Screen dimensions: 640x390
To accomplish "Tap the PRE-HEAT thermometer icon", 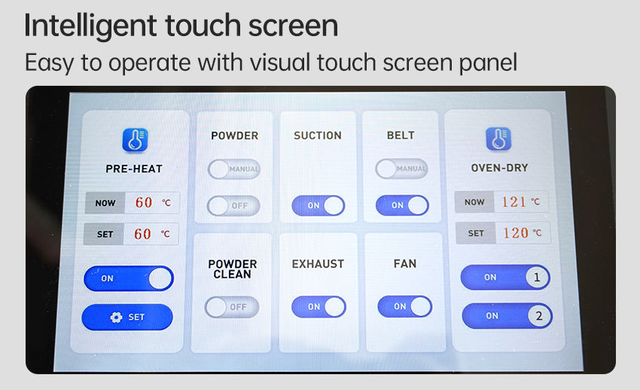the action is point(135,140).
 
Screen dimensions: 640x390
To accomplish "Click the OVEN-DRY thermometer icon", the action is point(498,139).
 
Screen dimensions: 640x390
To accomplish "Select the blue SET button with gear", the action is point(127,317).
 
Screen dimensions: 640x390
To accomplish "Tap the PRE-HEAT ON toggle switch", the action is point(129,279).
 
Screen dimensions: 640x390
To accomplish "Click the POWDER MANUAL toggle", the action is point(234,169).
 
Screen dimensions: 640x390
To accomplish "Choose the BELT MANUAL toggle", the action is point(401,169).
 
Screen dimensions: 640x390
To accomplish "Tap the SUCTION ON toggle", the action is point(318,206).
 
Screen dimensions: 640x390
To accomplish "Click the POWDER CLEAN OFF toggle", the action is point(232,306).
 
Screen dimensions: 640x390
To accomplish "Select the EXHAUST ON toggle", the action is point(318,306).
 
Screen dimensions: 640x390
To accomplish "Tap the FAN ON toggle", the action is point(405,306).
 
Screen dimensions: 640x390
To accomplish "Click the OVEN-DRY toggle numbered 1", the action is point(505,277).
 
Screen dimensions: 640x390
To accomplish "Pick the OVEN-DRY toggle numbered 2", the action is point(507,315).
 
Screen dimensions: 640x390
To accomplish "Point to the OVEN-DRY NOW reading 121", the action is point(514,202).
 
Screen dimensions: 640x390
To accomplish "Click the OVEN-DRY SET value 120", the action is point(516,233).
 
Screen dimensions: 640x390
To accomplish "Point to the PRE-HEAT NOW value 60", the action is point(144,203).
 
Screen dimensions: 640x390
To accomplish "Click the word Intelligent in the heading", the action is point(90,26).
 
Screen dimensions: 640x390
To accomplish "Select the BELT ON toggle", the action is point(402,206).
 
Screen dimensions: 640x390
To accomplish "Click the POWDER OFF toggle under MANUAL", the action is point(233,206).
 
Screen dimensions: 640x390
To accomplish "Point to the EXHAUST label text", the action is point(318,264).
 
